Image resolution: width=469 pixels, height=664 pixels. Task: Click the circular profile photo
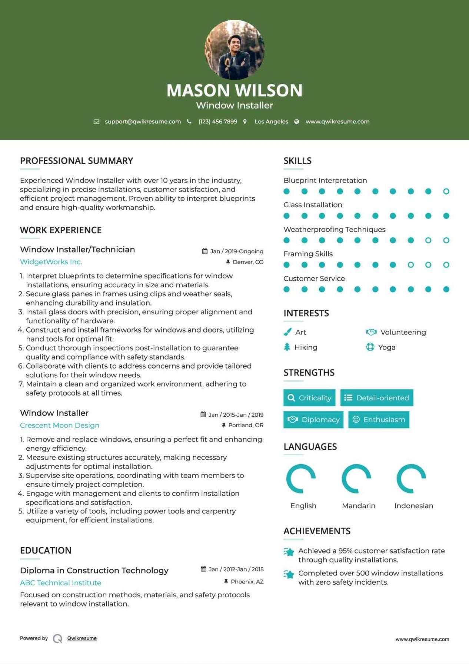234,50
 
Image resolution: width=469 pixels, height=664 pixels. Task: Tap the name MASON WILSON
234,90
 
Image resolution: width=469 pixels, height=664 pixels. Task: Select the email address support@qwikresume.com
143,122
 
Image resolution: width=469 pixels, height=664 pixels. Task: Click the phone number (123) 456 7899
217,122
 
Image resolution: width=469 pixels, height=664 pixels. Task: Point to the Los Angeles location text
271,122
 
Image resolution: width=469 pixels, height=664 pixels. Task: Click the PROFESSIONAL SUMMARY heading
76,161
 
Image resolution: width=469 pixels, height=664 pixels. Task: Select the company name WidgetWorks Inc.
51,262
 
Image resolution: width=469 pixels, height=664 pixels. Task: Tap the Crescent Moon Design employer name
60,425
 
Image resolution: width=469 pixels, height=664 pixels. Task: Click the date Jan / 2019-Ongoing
236,251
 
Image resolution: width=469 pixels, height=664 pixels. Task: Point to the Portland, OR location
246,425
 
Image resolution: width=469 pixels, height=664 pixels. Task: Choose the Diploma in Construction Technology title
94,570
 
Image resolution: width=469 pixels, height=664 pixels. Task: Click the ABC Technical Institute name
60,583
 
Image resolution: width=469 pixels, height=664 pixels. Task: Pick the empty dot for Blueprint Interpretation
446,191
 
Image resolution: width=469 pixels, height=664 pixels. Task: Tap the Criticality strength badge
309,398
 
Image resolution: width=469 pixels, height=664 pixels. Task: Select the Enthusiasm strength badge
379,420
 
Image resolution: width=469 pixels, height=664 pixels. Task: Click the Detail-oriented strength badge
376,398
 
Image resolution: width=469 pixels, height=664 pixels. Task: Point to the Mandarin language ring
356,479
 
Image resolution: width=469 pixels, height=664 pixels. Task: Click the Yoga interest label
387,347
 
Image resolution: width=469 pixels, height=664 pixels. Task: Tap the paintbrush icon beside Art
287,332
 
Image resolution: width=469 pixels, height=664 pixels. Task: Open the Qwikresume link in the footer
82,638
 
